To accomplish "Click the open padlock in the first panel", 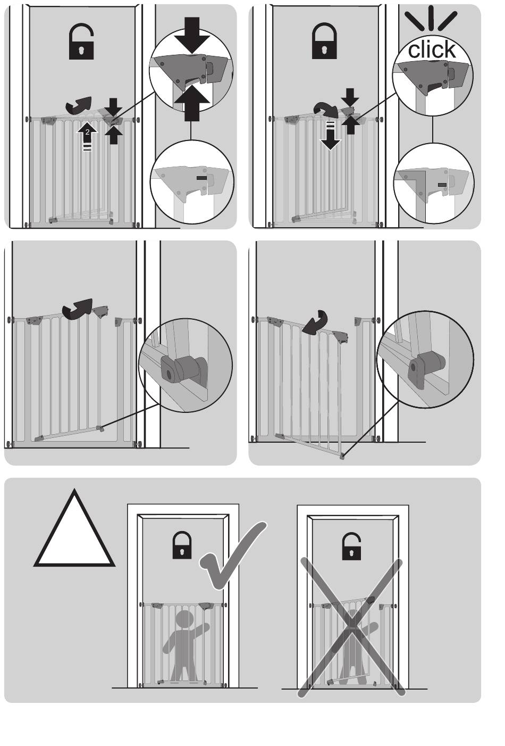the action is coord(81,42).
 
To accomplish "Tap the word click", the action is coord(432,49).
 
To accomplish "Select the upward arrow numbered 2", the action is coord(87,137).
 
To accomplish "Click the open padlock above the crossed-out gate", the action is coord(351,546).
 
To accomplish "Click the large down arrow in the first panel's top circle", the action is coord(191,35).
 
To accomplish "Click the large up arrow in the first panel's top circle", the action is coord(191,102).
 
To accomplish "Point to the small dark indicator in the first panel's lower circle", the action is coord(201,178).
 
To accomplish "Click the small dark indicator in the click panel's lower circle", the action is coord(442,185).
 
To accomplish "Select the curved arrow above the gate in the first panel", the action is coord(79,105).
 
